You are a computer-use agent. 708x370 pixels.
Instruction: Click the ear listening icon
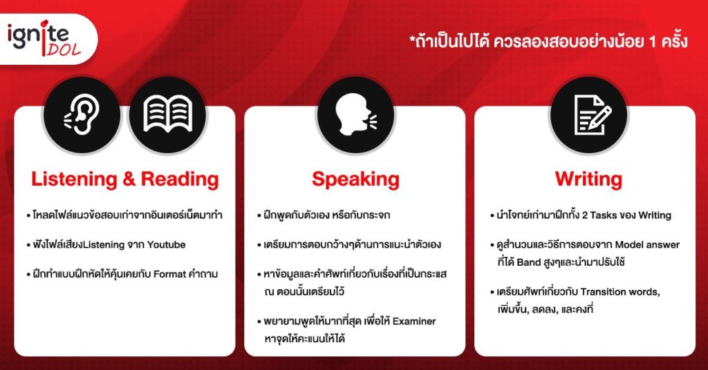pyautogui.click(x=82, y=115)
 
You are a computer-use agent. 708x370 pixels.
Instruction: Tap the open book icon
pyautogui.click(x=167, y=114)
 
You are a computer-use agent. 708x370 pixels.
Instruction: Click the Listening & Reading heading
pyautogui.click(x=125, y=179)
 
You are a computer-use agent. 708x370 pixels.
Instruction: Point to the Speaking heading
pyautogui.click(x=355, y=179)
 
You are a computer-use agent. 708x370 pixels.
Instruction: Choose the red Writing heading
pyautogui.click(x=588, y=179)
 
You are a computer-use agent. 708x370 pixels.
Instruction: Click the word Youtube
pyautogui.click(x=166, y=245)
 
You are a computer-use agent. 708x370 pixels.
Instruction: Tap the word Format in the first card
pyautogui.click(x=170, y=274)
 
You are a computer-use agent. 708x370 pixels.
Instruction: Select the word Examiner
pyautogui.click(x=414, y=321)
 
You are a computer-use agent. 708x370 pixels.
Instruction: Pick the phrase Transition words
pyautogui.click(x=620, y=292)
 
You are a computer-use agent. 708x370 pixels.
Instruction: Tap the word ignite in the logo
pyautogui.click(x=38, y=36)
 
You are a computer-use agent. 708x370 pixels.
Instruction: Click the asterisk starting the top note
pyautogui.click(x=412, y=39)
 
